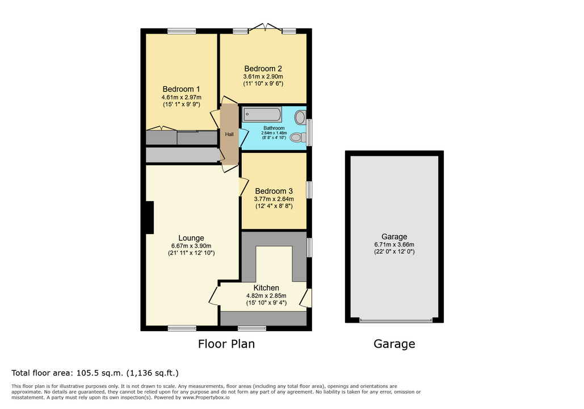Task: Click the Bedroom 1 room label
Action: click(x=181, y=89)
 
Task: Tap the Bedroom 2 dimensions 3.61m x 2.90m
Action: click(x=263, y=77)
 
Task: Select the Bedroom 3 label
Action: click(x=274, y=191)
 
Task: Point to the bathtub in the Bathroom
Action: click(x=262, y=114)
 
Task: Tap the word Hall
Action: click(x=229, y=134)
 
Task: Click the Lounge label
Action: click(x=191, y=238)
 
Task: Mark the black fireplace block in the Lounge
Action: click(x=149, y=218)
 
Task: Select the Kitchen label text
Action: click(x=266, y=288)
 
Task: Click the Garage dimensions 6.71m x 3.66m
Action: click(x=394, y=245)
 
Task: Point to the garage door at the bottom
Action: click(x=396, y=320)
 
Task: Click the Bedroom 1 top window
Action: click(x=182, y=31)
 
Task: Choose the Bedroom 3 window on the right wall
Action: click(x=309, y=190)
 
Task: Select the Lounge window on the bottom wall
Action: click(x=182, y=328)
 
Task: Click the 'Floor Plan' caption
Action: click(x=226, y=344)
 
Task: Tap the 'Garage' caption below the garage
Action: click(x=394, y=344)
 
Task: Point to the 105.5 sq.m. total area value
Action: click(x=100, y=373)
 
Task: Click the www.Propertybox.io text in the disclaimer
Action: click(x=205, y=398)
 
